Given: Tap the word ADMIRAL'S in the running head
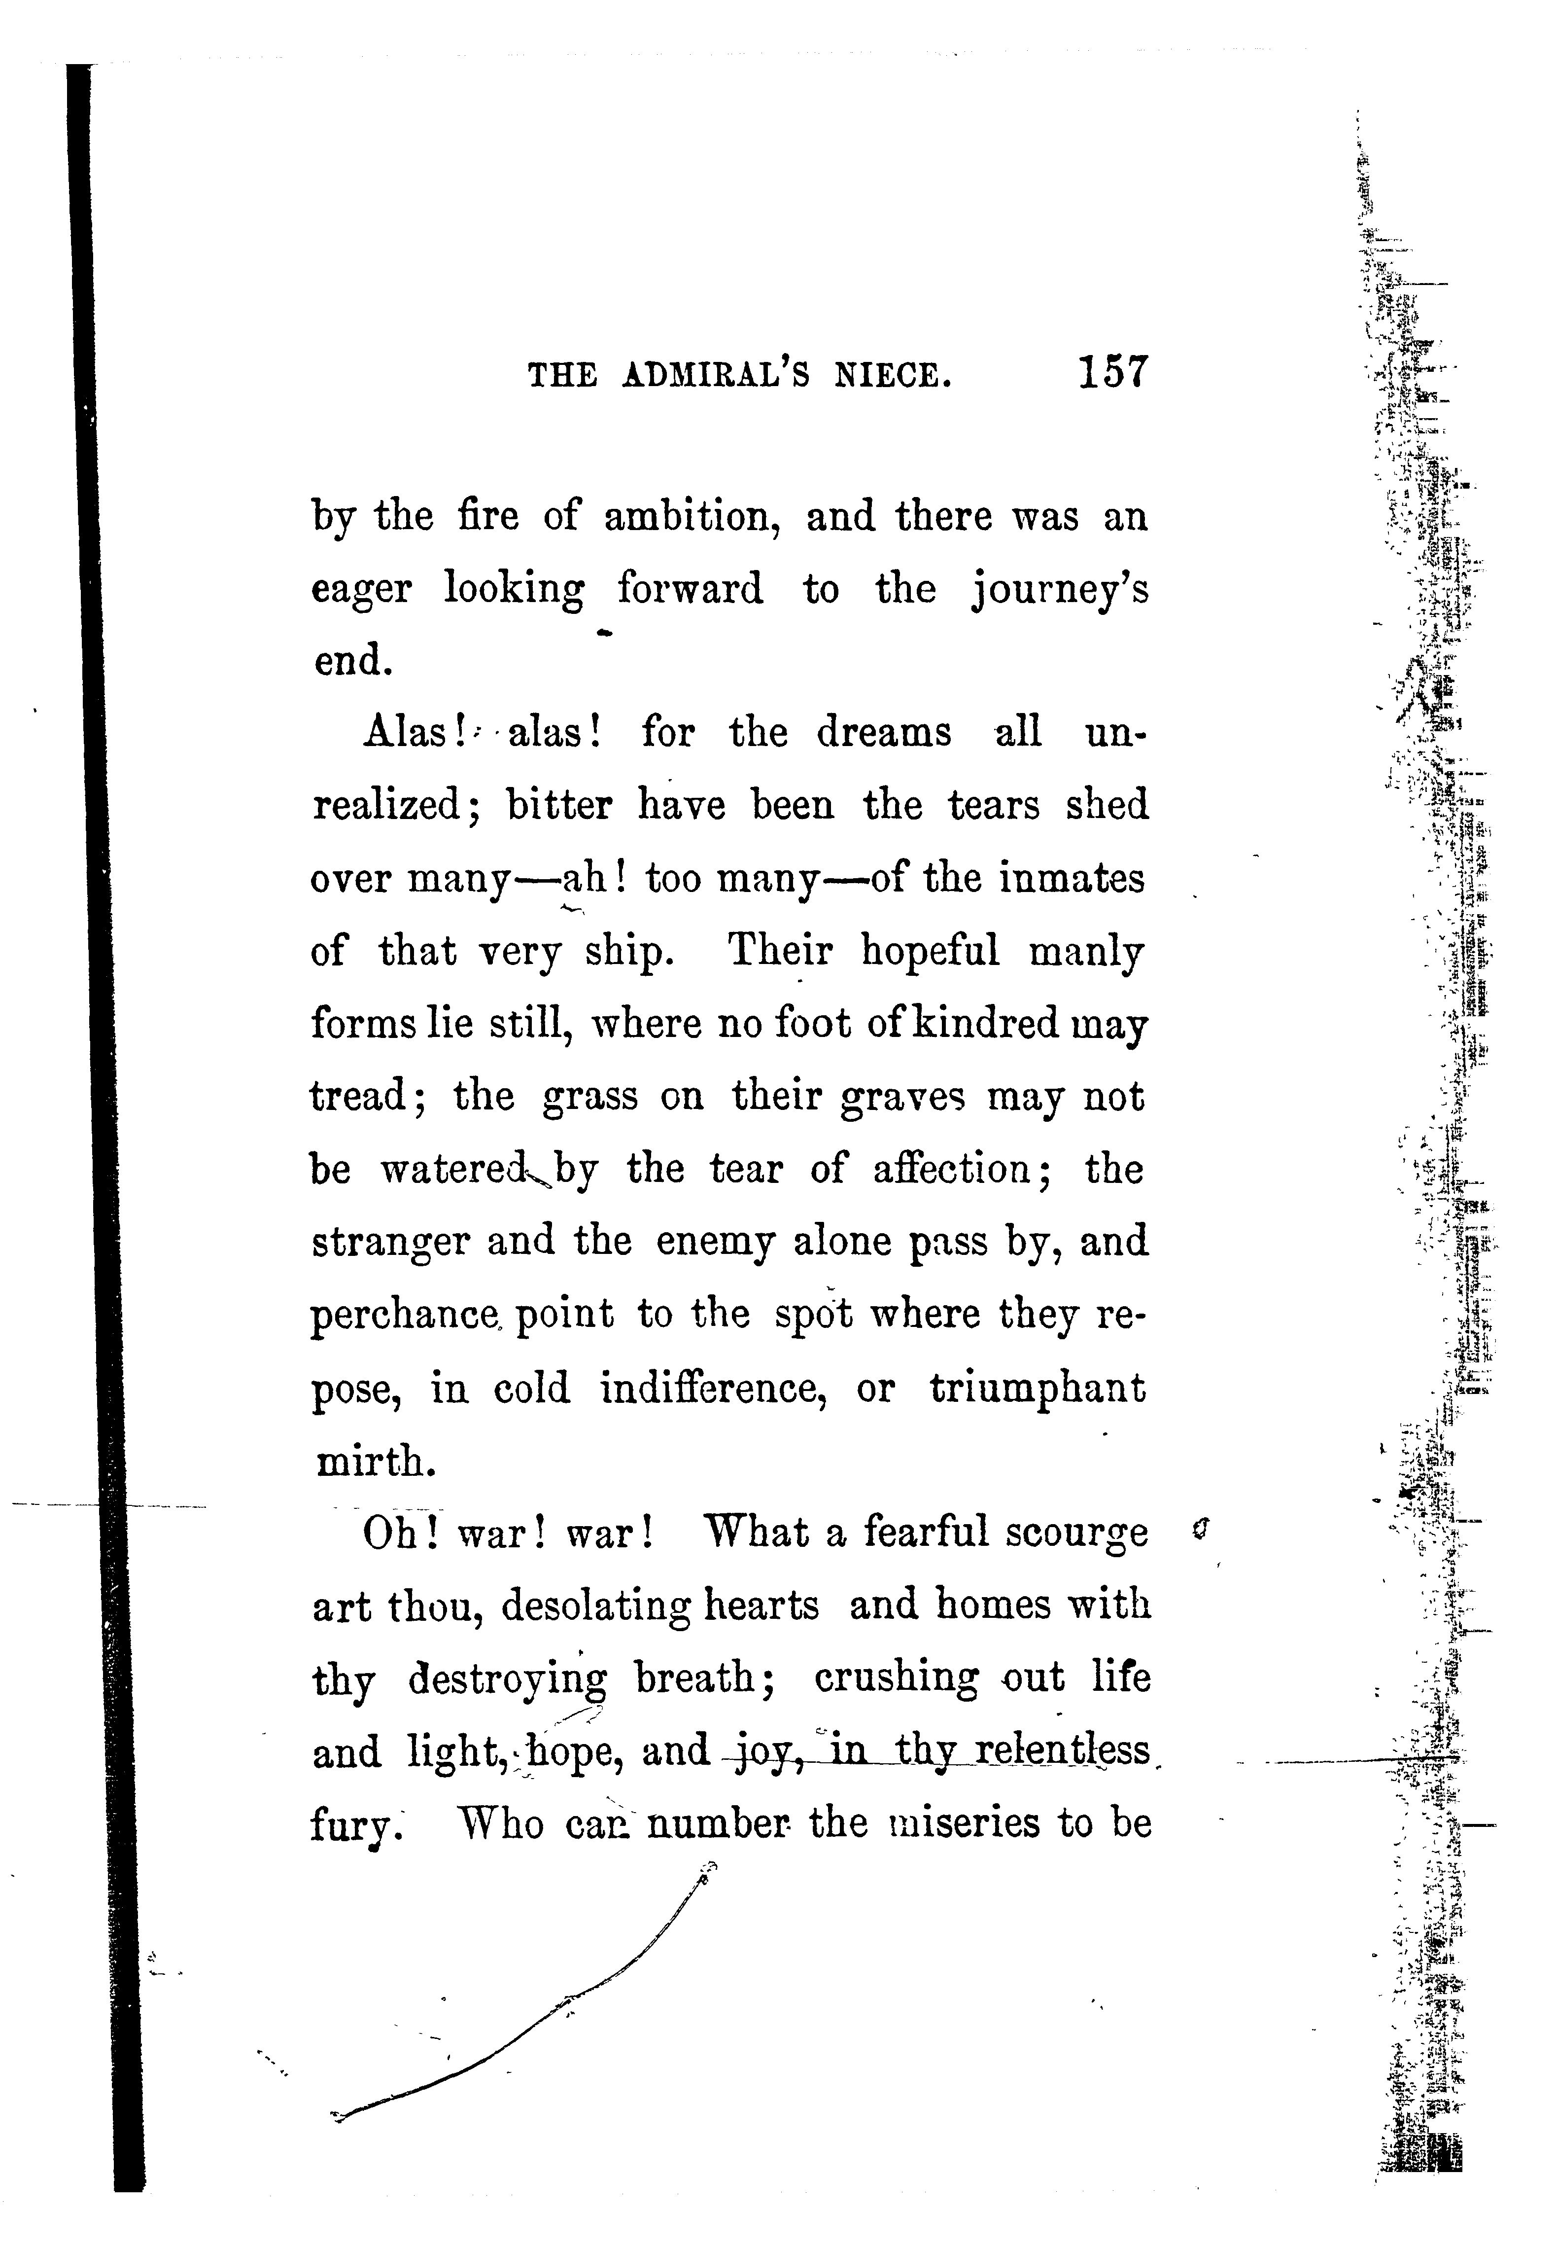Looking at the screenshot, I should tap(715, 376).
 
